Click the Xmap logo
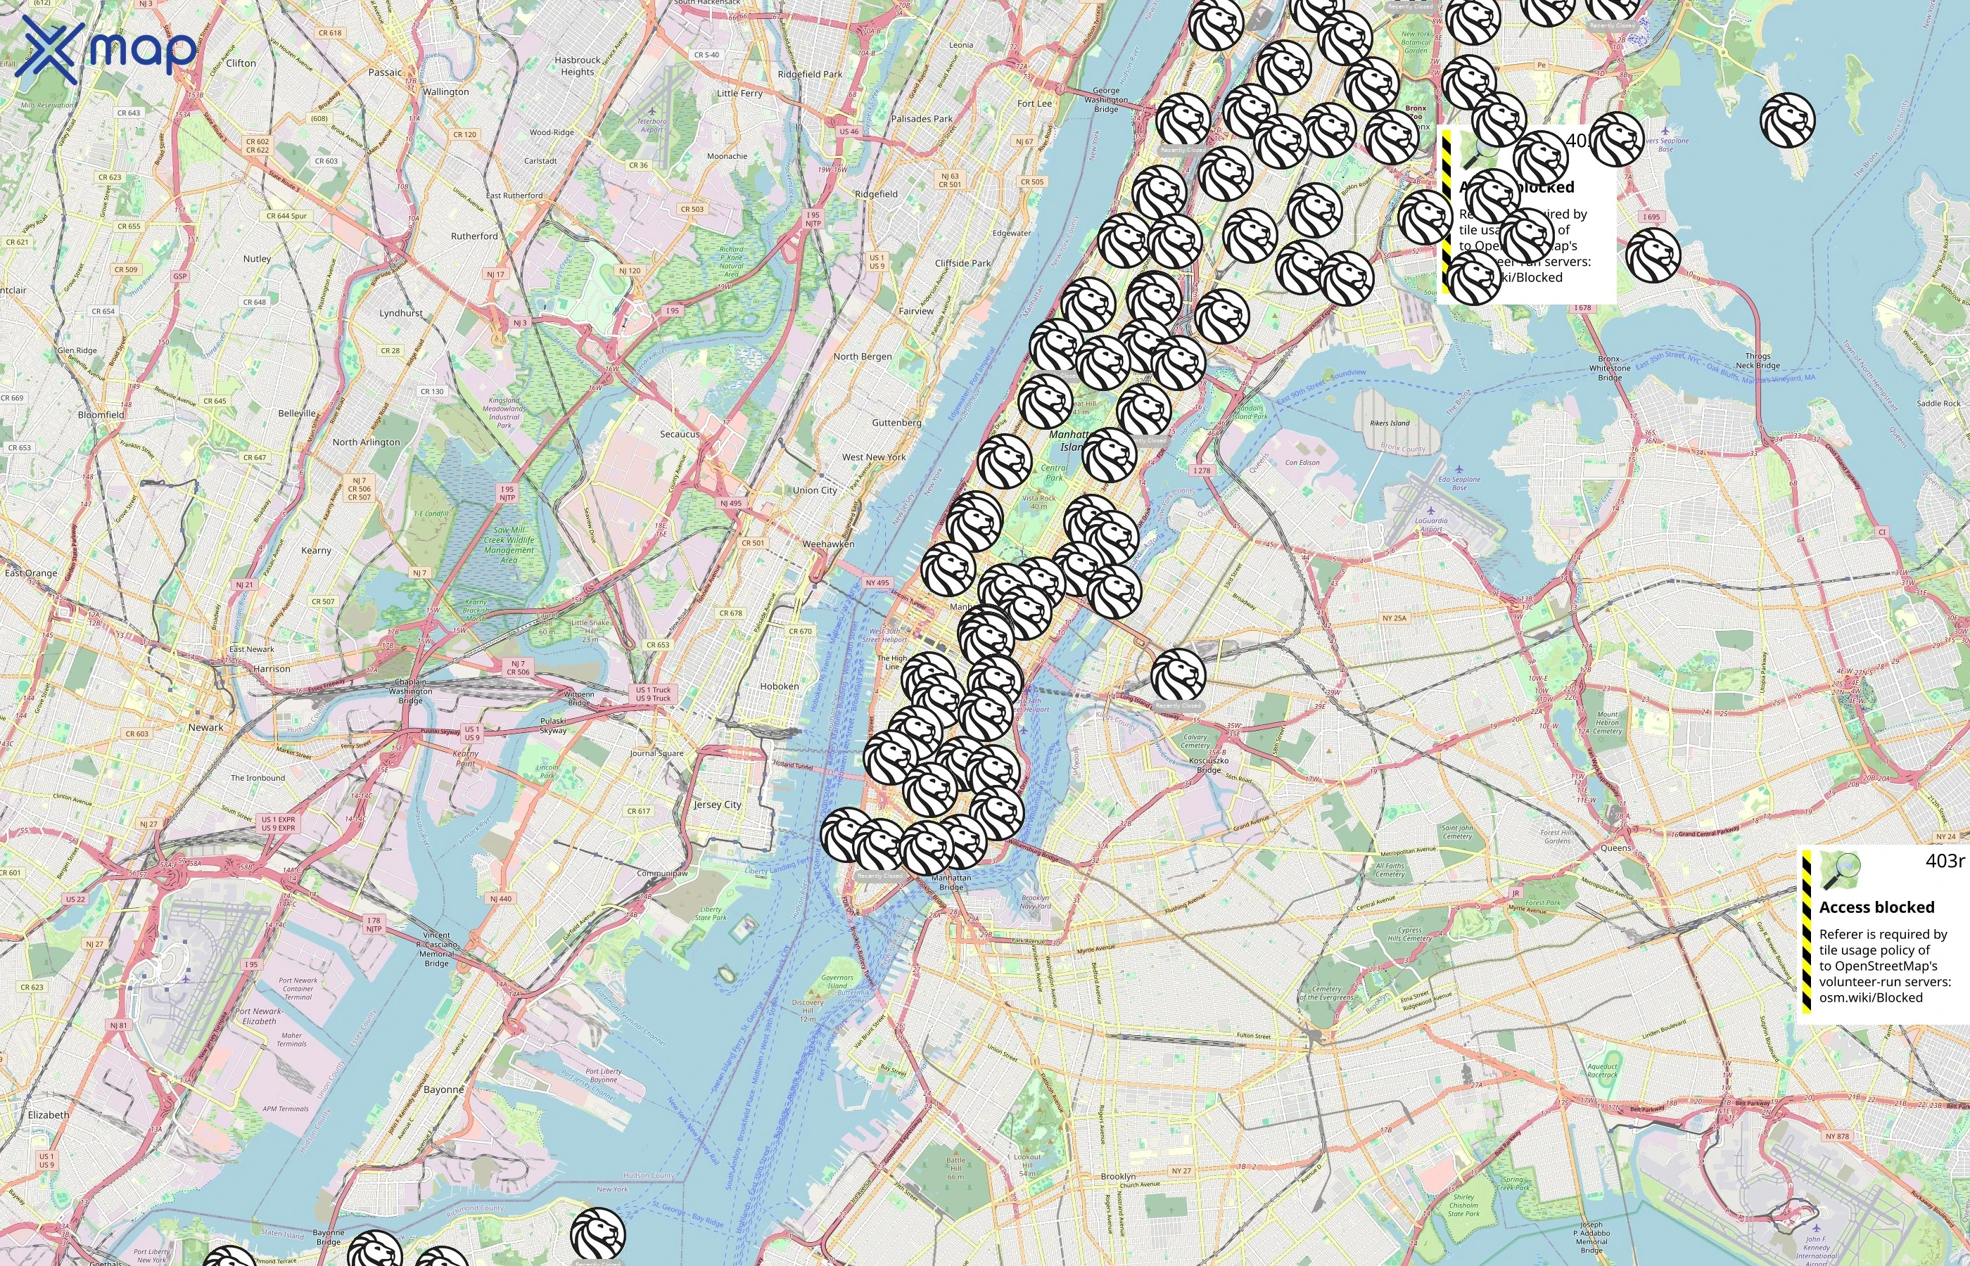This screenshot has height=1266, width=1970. click(x=106, y=51)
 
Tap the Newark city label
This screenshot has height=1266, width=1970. click(x=205, y=727)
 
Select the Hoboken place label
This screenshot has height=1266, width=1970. click(x=779, y=686)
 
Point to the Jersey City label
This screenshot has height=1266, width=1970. click(x=717, y=805)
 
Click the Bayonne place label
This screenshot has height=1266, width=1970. click(x=443, y=1089)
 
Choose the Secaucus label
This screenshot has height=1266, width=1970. click(x=679, y=434)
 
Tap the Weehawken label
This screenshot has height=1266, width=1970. click(x=828, y=544)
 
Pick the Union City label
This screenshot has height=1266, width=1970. click(x=815, y=490)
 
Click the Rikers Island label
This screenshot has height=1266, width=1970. click(x=1390, y=423)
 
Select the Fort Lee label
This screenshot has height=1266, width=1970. click(x=1034, y=103)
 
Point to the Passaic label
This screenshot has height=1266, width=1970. click(x=385, y=72)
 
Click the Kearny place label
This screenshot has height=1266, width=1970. click(x=317, y=550)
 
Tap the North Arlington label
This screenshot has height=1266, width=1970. click(x=366, y=442)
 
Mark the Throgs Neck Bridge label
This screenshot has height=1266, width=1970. click(x=1758, y=361)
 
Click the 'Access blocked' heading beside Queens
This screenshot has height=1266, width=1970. click(x=1876, y=907)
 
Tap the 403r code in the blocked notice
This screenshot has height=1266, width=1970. click(x=1945, y=861)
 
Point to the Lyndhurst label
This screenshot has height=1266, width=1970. click(x=401, y=313)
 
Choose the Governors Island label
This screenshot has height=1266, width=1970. click(x=838, y=982)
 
